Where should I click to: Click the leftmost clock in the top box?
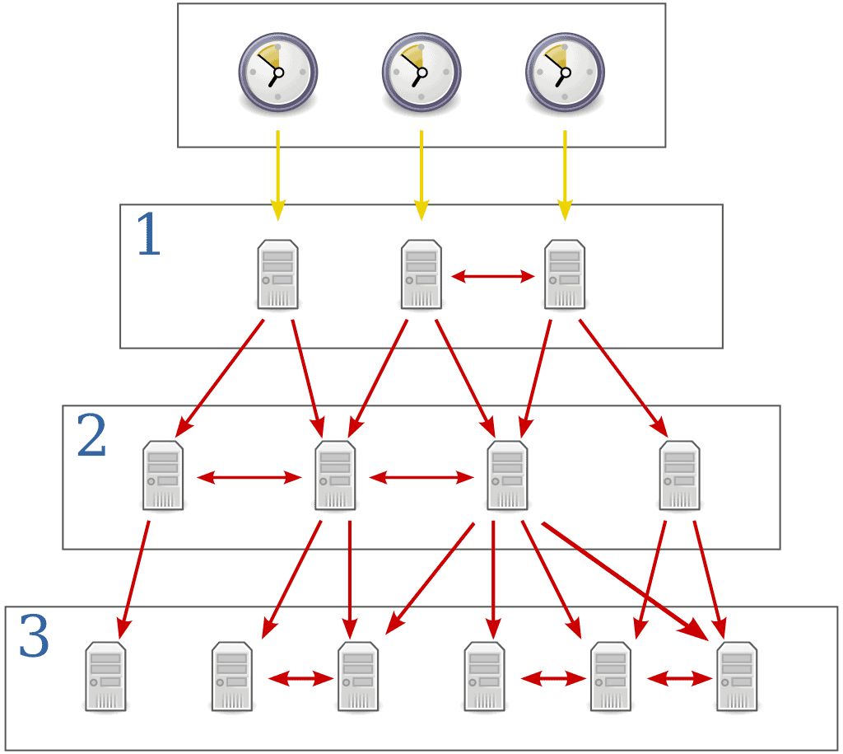(278, 72)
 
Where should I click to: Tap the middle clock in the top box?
(421, 72)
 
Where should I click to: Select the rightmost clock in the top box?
(565, 72)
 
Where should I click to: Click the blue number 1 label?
(148, 236)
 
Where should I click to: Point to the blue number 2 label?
(91, 437)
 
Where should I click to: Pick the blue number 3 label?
(34, 638)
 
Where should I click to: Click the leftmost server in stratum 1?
(278, 274)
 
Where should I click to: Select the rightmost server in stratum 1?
(565, 274)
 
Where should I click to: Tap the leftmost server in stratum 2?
(163, 475)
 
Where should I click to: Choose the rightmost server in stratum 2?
(680, 475)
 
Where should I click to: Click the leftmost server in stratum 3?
(106, 677)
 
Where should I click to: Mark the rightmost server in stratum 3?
(738, 677)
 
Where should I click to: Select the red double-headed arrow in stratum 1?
(493, 278)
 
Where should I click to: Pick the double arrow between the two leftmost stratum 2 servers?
(249, 477)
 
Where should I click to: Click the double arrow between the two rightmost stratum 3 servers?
(679, 679)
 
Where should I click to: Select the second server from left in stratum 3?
(232, 677)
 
